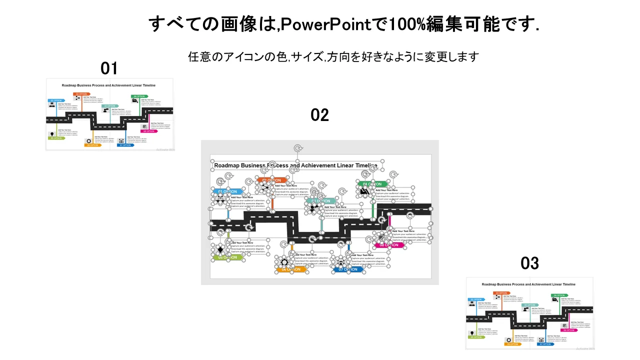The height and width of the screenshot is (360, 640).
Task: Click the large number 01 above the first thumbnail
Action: (x=109, y=67)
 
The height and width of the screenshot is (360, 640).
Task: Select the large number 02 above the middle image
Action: (x=320, y=115)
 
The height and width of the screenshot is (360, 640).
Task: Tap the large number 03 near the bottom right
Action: (x=530, y=263)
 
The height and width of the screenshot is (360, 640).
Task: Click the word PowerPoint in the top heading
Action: (x=323, y=23)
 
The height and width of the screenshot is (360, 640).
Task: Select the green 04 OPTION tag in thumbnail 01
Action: (x=138, y=96)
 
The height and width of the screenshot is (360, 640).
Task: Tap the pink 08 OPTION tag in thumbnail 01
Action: (x=148, y=131)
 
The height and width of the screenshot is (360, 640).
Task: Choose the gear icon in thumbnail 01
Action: (x=88, y=141)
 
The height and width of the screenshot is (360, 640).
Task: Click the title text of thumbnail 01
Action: (x=108, y=85)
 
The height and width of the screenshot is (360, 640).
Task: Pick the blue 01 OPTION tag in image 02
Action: (x=227, y=191)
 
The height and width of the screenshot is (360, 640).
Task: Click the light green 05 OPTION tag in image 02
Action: (x=228, y=257)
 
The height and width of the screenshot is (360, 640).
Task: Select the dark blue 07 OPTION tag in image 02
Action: (x=348, y=269)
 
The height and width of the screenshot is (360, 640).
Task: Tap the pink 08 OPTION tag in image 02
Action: (x=389, y=245)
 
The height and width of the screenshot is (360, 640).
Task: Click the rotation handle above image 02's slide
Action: (x=298, y=148)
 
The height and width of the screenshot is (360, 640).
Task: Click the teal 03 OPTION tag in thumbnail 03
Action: (x=530, y=304)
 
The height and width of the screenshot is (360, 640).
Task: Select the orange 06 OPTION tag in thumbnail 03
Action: (x=512, y=344)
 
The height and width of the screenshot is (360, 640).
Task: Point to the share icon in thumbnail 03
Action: (x=497, y=297)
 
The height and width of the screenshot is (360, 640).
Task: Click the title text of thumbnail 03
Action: (x=528, y=284)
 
